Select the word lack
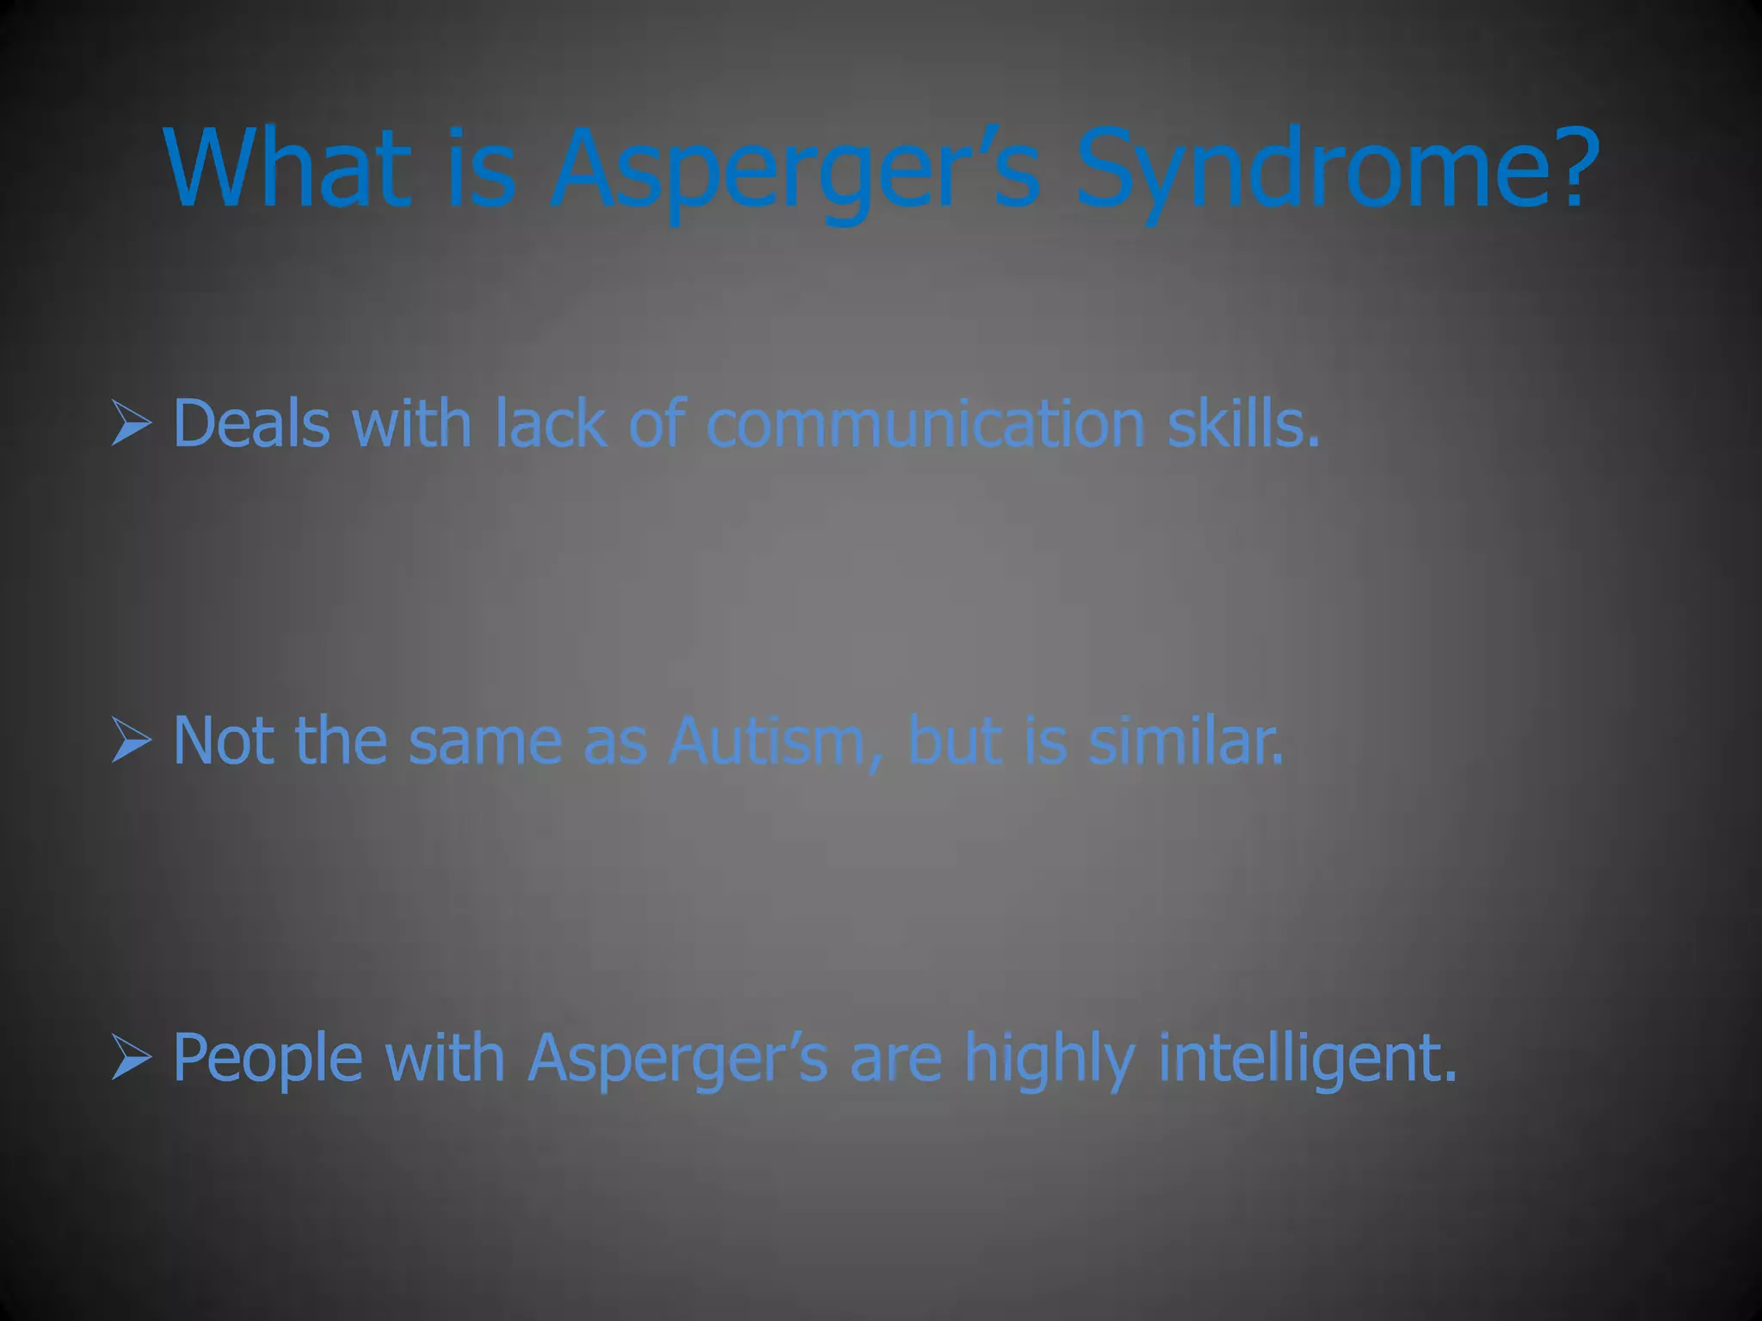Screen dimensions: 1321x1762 (550, 423)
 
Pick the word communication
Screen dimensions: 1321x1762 (925, 423)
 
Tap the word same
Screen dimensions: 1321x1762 (485, 740)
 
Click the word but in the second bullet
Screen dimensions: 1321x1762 (955, 740)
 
